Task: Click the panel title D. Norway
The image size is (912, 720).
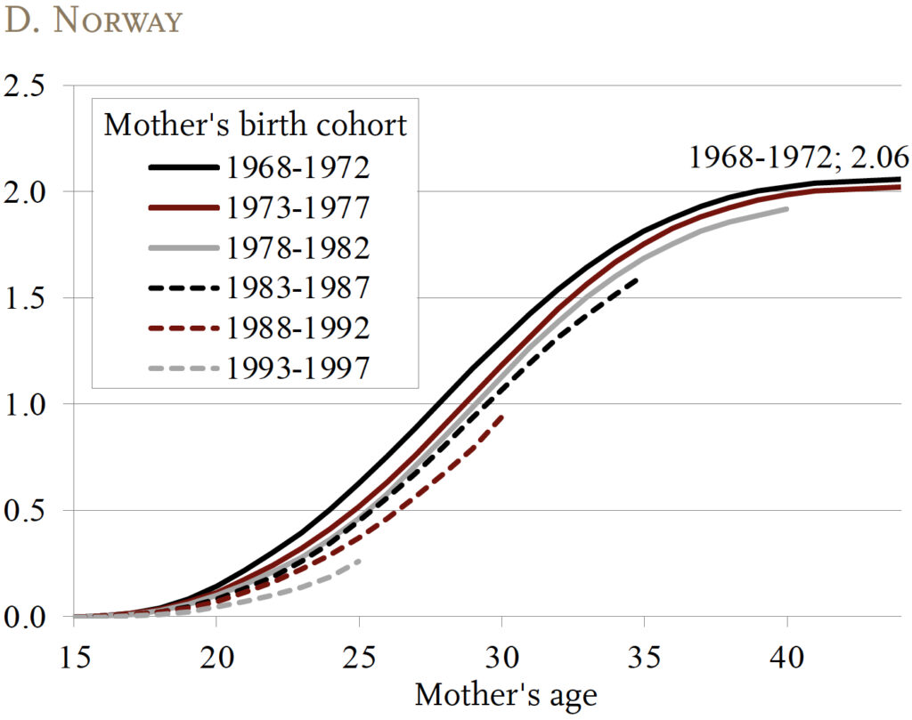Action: pos(93,21)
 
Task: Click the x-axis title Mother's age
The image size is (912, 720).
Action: pos(506,694)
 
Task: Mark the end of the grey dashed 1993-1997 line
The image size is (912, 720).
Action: pos(358,561)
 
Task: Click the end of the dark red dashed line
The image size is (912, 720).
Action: pos(503,416)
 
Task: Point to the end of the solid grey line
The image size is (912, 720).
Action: pos(786,209)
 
